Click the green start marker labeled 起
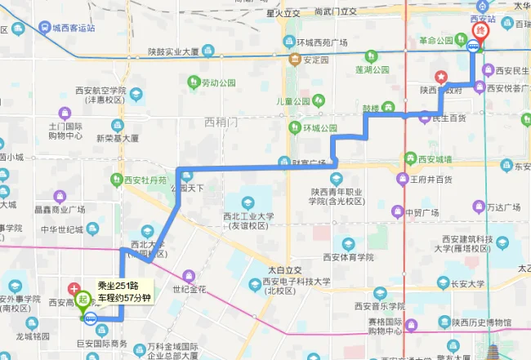[x=85, y=298]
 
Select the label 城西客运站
[x=73, y=28]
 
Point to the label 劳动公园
[x=218, y=82]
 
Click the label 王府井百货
[x=430, y=179]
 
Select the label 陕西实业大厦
[x=173, y=51]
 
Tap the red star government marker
[x=442, y=78]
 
